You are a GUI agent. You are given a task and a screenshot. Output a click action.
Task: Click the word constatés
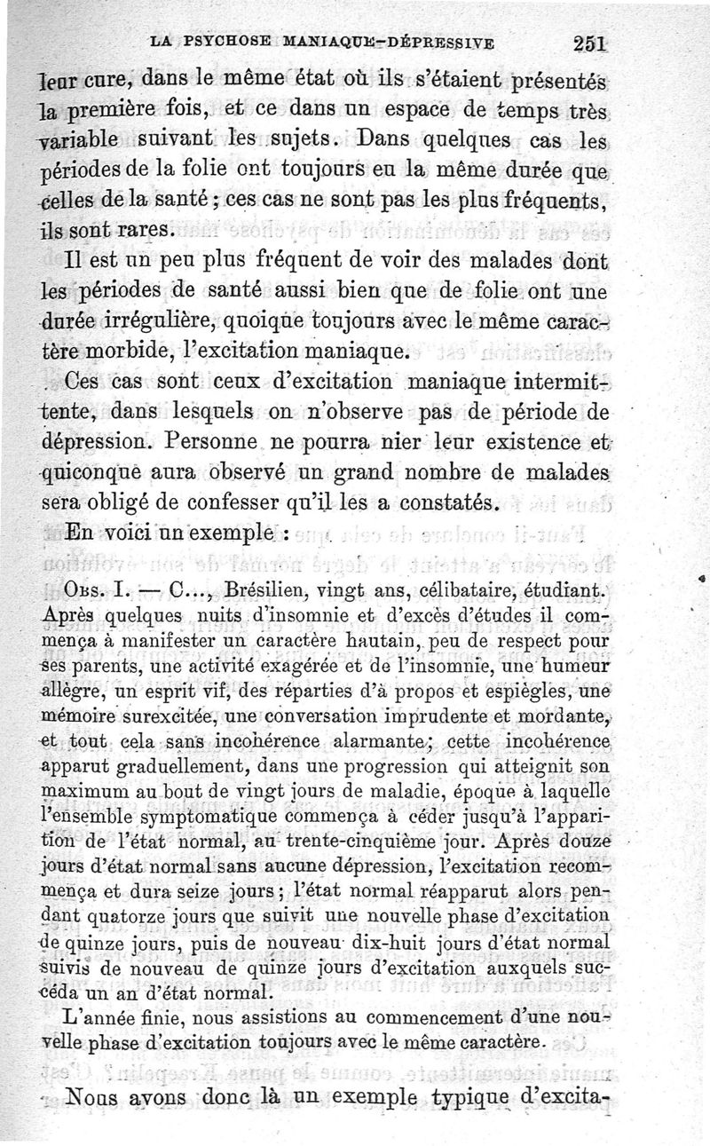(452, 502)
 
